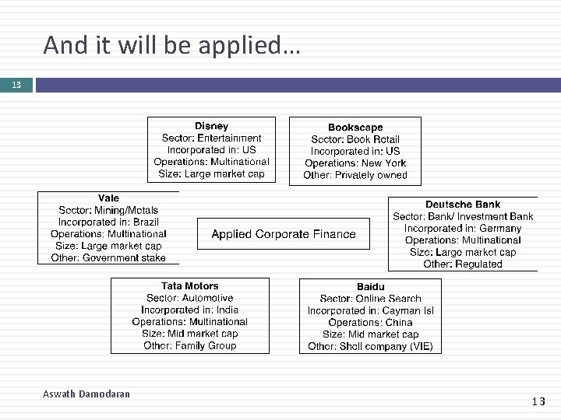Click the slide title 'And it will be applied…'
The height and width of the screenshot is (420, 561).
(171, 46)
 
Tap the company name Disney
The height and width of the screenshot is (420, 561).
(211, 126)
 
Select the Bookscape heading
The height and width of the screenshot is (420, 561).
(355, 128)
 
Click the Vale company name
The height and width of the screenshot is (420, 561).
(108, 198)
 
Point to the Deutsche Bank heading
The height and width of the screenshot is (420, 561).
(463, 205)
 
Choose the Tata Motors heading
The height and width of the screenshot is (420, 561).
(189, 286)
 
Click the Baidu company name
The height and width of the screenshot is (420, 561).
(370, 287)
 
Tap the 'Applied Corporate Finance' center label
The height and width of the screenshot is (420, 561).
(284, 234)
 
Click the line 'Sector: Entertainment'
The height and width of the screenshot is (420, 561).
(211, 138)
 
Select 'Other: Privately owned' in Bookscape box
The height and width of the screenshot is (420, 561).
(355, 175)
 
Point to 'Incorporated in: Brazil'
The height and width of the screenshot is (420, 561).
(108, 222)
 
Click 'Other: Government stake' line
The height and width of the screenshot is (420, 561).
(108, 257)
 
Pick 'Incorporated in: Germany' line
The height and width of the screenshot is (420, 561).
(463, 229)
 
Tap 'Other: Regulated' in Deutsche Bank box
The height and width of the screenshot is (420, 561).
(463, 264)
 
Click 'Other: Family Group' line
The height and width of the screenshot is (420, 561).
(189, 345)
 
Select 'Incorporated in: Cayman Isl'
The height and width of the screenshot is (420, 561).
(370, 310)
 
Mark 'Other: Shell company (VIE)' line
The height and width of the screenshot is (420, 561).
(370, 346)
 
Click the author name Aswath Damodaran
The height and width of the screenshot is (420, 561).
(86, 394)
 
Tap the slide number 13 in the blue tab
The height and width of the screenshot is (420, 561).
(16, 85)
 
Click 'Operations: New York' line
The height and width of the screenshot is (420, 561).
(355, 163)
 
